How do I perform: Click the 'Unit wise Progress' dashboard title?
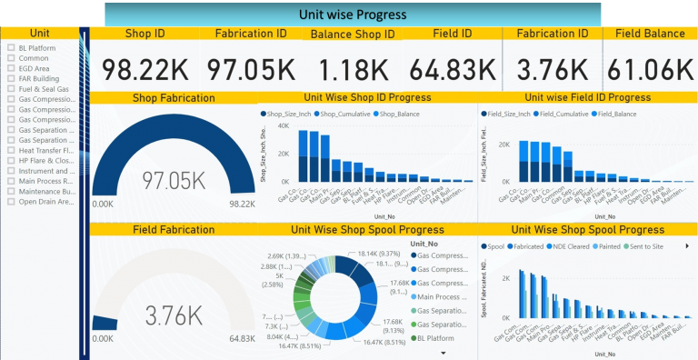(x=353, y=15)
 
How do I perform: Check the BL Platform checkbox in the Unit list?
(x=10, y=48)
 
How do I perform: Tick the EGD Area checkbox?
(x=10, y=67)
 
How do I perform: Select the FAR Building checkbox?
(x=10, y=79)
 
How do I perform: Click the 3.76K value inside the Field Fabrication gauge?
(x=174, y=315)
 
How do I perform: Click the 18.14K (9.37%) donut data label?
(x=384, y=254)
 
